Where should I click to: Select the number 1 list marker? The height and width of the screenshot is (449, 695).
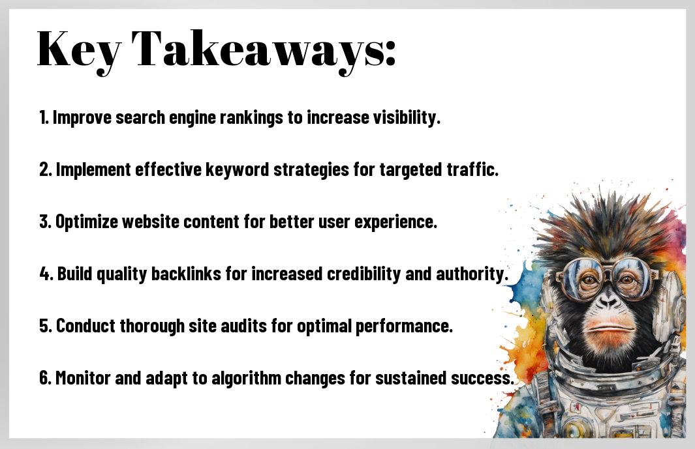44,117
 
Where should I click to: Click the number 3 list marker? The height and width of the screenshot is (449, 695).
45,222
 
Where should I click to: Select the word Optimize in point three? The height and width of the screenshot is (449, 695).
87,222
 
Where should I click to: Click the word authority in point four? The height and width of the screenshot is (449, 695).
472,274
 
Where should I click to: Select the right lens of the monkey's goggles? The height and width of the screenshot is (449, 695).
631,277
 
